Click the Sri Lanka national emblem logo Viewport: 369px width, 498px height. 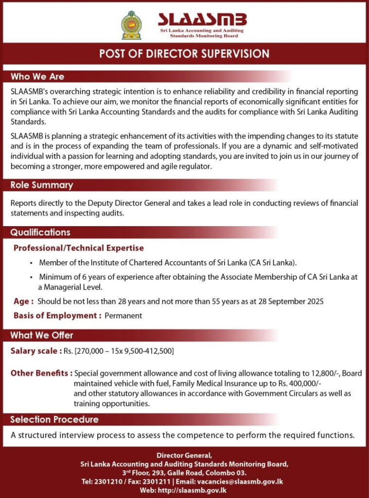click(x=131, y=25)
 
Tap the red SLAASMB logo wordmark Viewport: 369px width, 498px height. click(x=202, y=20)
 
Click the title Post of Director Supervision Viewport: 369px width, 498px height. click(x=184, y=53)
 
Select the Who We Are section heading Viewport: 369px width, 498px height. click(x=37, y=77)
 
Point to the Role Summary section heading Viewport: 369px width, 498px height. click(x=42, y=185)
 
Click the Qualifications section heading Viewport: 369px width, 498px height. click(x=40, y=232)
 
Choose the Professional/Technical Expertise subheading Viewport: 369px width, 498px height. click(x=79, y=248)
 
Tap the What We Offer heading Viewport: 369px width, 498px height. click(x=42, y=335)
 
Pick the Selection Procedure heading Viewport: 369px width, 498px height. click(x=54, y=419)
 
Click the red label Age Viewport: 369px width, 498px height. click(x=23, y=302)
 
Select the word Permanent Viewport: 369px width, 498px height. click(x=123, y=316)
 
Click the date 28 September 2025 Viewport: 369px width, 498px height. click(x=292, y=302)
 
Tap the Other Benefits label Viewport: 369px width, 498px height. click(x=41, y=373)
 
